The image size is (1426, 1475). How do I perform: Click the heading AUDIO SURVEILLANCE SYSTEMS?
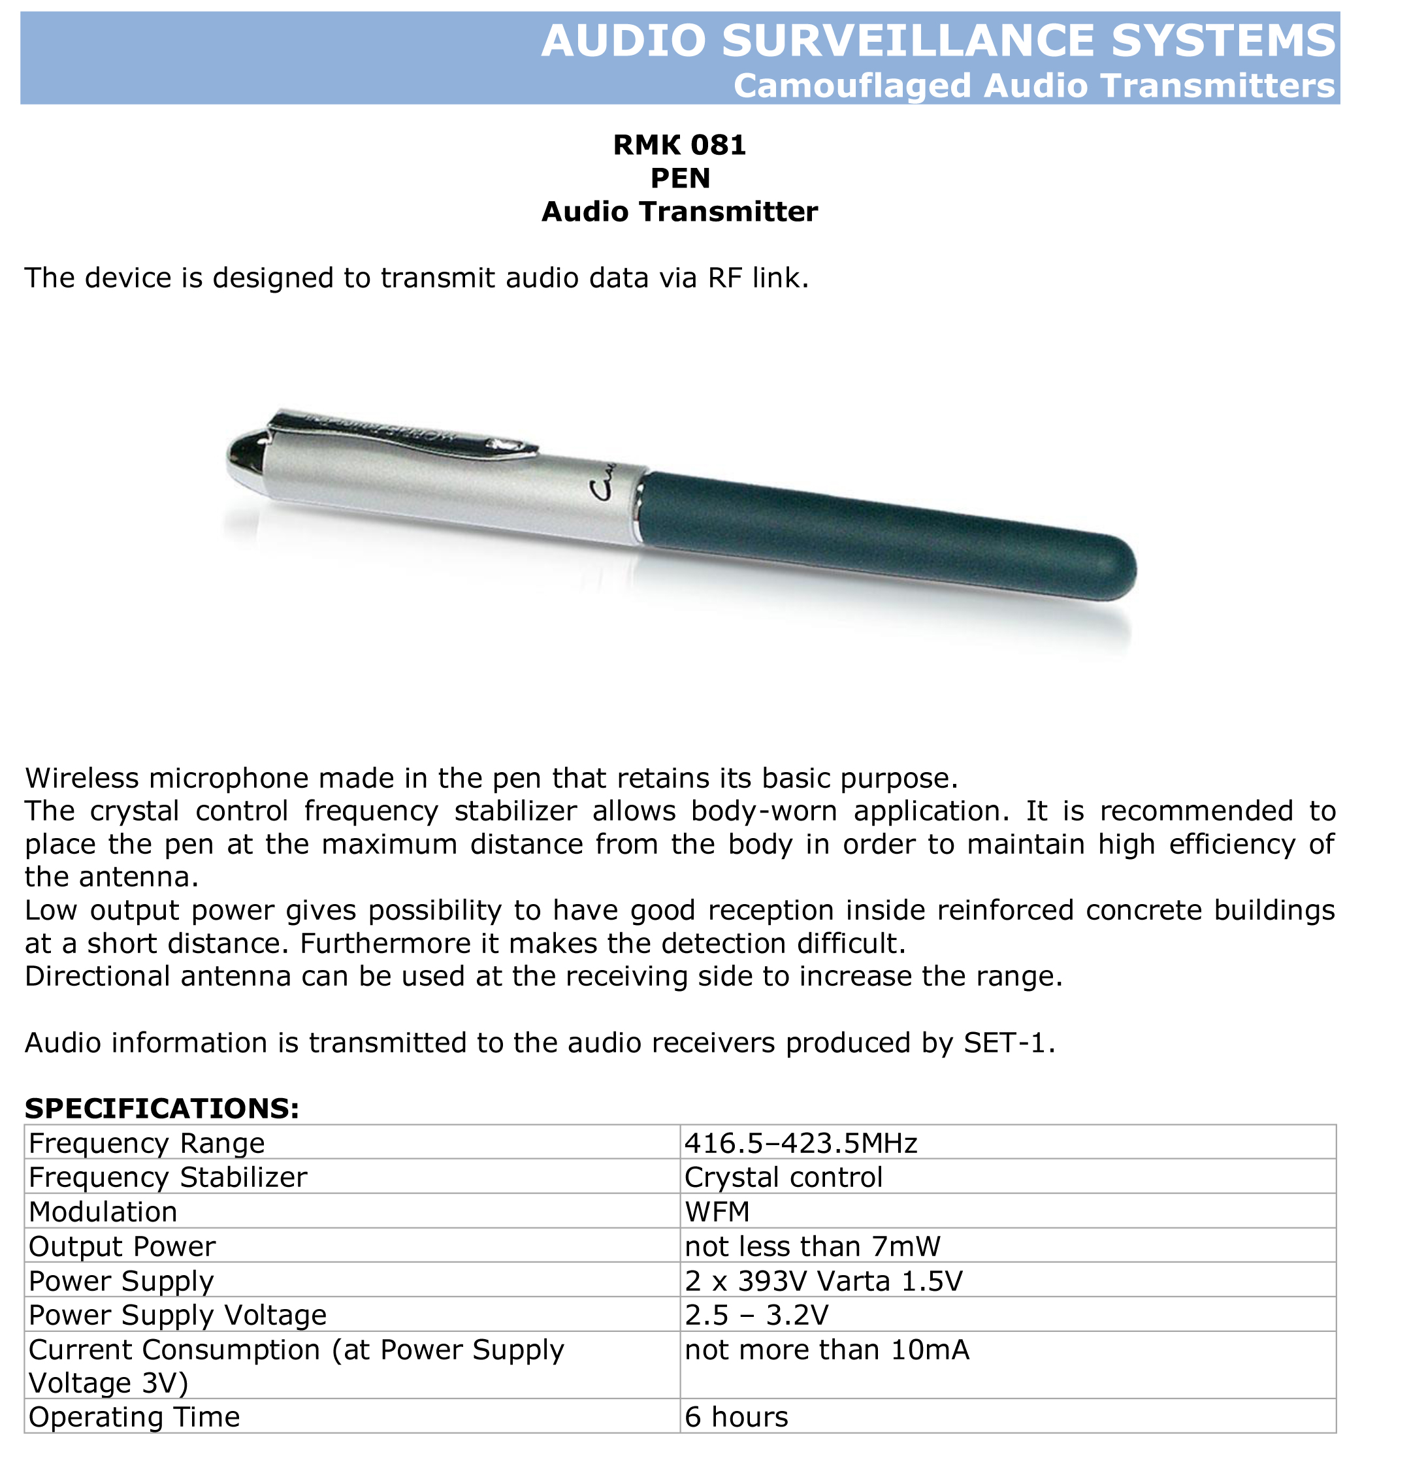point(937,41)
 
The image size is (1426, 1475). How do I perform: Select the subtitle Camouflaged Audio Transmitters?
point(1033,86)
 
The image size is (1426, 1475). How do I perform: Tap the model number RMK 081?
point(679,144)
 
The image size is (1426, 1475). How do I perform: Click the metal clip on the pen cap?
point(406,434)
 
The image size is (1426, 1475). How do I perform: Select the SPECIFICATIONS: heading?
point(162,1108)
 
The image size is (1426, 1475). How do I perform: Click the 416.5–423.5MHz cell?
point(801,1143)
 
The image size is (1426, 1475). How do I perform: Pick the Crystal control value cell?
point(783,1177)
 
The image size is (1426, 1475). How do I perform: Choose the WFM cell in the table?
point(717,1212)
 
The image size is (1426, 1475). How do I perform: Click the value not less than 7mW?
point(812,1246)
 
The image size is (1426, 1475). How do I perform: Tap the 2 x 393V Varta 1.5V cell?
point(823,1281)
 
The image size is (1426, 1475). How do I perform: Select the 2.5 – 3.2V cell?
point(756,1315)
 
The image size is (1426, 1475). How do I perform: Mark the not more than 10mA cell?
point(826,1350)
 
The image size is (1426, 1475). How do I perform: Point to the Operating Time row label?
point(134,1417)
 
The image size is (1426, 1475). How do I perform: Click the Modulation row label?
point(103,1212)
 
